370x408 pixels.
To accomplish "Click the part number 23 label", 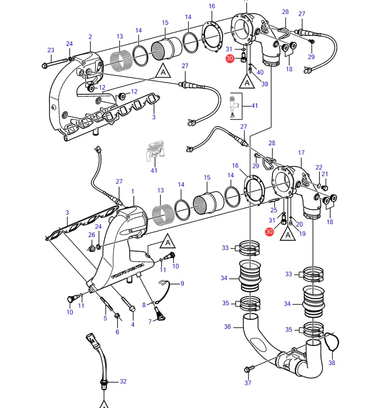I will point(50,50).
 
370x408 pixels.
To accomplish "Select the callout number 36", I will point(227,326).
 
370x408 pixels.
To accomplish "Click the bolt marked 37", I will point(247,370).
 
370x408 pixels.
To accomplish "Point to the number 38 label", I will point(332,362).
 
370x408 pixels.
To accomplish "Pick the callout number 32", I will point(123,381).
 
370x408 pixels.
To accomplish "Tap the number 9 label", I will point(182,283).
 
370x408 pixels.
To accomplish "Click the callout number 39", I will point(265,84).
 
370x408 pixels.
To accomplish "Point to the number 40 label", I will point(260,72).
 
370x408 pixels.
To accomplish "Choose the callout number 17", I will point(301,153).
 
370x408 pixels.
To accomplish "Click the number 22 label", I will point(319,167).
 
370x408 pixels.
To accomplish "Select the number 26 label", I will point(91,235).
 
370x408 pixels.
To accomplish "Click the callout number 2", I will point(90,37).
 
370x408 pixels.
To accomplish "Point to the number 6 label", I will point(117,331).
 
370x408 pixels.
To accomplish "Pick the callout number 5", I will point(105,318).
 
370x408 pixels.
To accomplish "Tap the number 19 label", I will point(302,234).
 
